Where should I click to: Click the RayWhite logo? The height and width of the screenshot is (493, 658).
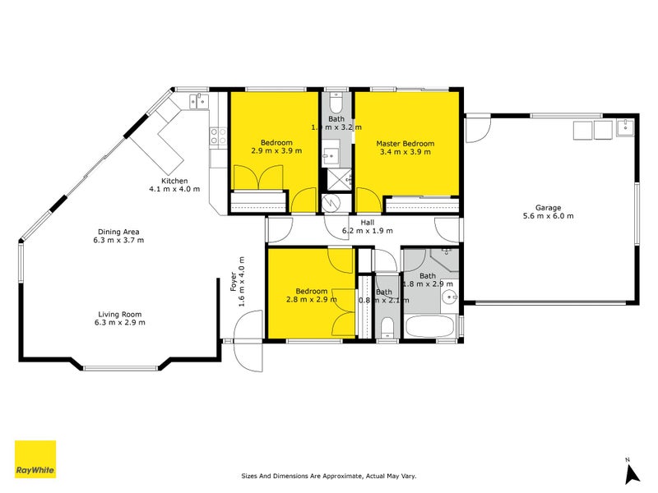35,459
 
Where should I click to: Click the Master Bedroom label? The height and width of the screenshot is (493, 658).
405,143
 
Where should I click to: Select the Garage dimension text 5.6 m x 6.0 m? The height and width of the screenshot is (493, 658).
548,216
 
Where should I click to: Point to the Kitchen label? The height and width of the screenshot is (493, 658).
174,181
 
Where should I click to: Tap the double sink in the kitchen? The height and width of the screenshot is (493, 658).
200,102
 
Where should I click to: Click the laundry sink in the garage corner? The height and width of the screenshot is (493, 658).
625,127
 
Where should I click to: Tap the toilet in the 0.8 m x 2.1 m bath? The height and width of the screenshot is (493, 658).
386,329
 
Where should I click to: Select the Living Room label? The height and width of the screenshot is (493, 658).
120,313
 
